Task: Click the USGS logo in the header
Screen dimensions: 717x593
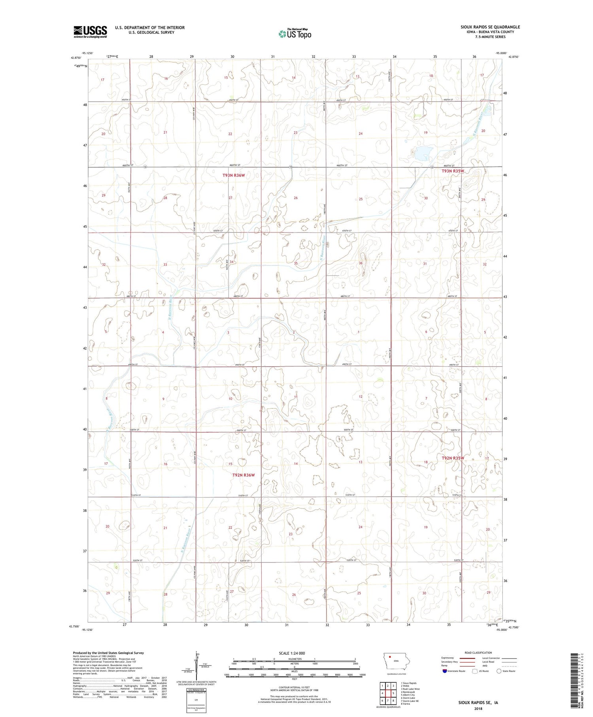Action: [x=90, y=32]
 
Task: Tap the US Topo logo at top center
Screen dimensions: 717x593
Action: [x=295, y=34]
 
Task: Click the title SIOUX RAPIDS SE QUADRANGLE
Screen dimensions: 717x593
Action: [x=490, y=27]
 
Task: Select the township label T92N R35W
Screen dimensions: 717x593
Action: [x=453, y=458]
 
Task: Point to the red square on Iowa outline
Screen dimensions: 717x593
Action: [x=390, y=658]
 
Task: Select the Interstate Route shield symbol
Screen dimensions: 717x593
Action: [x=444, y=671]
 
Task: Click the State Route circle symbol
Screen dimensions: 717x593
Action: [x=499, y=671]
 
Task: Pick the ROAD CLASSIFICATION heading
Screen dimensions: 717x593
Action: [x=478, y=653]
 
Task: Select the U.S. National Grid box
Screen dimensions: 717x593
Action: [x=196, y=700]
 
